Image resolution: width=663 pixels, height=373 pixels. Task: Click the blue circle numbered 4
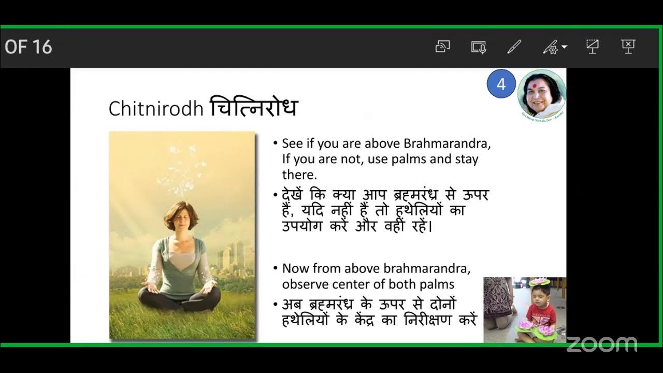pyautogui.click(x=501, y=84)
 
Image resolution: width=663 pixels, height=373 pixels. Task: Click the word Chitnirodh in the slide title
pyautogui.click(x=156, y=108)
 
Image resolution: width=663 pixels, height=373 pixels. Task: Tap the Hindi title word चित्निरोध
pyautogui.click(x=253, y=107)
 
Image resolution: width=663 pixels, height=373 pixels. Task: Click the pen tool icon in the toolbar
pyautogui.click(x=514, y=47)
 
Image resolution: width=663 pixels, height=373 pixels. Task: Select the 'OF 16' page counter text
pyautogui.click(x=28, y=47)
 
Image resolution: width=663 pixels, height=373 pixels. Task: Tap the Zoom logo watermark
pyautogui.click(x=601, y=344)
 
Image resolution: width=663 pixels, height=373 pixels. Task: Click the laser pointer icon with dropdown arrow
pyautogui.click(x=553, y=47)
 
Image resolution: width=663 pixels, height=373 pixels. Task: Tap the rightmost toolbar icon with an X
pyautogui.click(x=628, y=47)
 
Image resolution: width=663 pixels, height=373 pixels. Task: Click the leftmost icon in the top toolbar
pyautogui.click(x=442, y=47)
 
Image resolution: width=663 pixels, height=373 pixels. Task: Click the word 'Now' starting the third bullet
pyautogui.click(x=295, y=268)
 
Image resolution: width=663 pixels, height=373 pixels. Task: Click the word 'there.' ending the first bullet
pyautogui.click(x=299, y=174)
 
